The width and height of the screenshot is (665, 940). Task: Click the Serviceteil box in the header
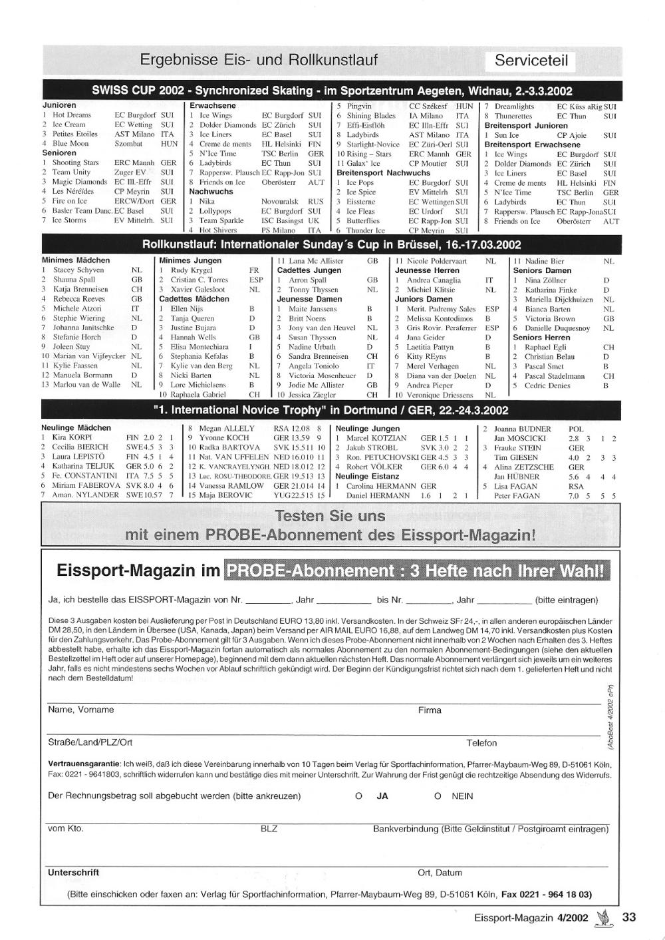[x=531, y=61]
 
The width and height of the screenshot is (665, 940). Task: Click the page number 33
[x=629, y=917]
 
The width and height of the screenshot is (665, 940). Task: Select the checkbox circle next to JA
[x=359, y=796]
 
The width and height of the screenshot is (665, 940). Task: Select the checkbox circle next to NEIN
[x=438, y=796]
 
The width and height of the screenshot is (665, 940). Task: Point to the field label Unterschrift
[x=73, y=872]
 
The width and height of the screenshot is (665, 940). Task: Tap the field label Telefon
[x=481, y=743]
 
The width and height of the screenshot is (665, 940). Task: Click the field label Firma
[x=430, y=710]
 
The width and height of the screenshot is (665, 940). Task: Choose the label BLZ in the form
[x=269, y=829]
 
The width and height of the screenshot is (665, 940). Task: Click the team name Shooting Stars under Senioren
[x=75, y=162]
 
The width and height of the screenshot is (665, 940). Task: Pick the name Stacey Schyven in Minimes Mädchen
[x=78, y=270]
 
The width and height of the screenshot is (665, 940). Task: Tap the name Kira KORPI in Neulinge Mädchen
[x=72, y=437]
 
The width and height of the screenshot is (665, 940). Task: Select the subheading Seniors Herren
[x=541, y=338]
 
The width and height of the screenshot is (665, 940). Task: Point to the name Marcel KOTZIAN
[x=376, y=438]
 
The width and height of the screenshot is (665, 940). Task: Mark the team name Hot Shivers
[x=218, y=230]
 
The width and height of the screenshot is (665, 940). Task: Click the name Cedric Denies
[x=547, y=385]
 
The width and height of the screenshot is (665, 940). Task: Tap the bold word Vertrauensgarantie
[x=84, y=763]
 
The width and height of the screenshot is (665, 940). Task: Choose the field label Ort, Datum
[x=440, y=873]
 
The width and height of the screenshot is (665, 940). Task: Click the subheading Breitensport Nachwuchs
[x=383, y=172]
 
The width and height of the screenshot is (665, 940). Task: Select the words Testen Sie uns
[x=331, y=516]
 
